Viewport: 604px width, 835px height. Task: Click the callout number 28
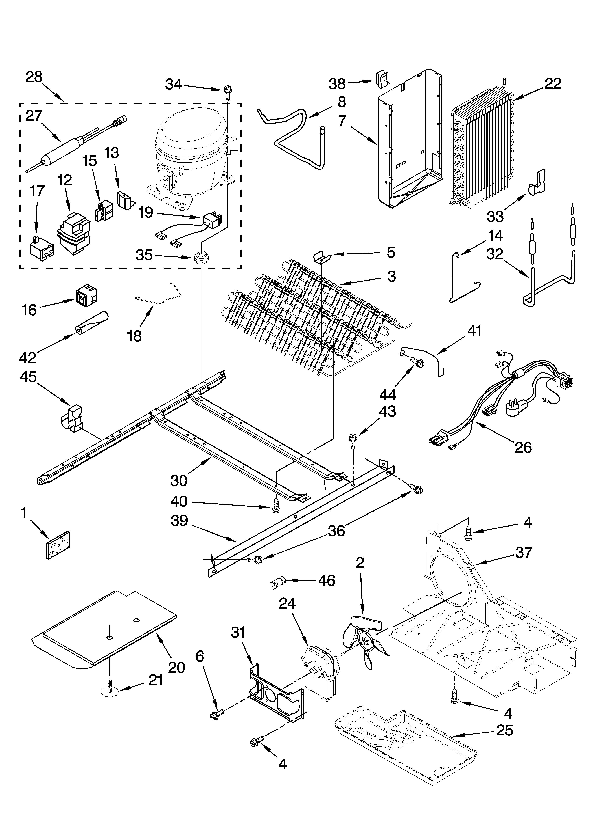point(34,77)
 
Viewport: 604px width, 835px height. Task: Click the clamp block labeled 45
point(72,418)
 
